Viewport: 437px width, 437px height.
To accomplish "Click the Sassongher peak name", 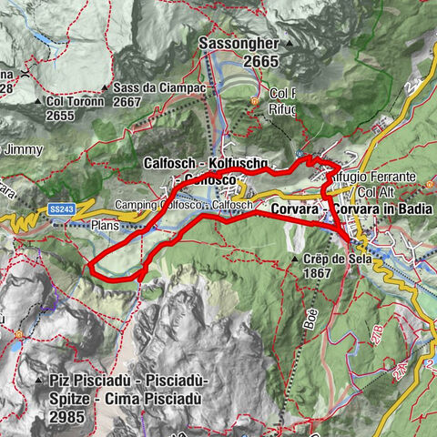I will tap(239, 44).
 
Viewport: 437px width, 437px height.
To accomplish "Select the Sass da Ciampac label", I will tap(150, 87).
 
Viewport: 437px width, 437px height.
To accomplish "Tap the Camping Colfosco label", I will tap(150, 205).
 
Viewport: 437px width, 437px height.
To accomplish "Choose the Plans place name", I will tap(106, 223).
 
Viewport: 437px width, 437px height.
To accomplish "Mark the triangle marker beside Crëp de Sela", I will tap(297, 259).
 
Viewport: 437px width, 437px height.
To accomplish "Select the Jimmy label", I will tap(17, 148).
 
